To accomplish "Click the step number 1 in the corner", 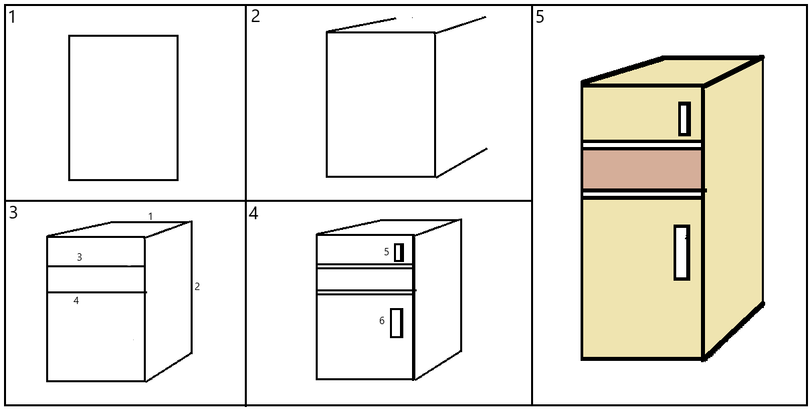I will click(x=13, y=17).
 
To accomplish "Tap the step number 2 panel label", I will click(x=256, y=17).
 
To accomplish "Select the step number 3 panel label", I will click(x=13, y=213).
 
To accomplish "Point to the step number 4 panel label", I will click(x=253, y=214).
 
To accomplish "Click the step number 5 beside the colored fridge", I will click(x=540, y=18).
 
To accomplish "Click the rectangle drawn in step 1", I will click(x=123, y=108).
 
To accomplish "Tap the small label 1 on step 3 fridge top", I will click(x=150, y=217).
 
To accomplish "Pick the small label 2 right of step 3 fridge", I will click(x=197, y=287).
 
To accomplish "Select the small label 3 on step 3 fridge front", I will click(x=80, y=257).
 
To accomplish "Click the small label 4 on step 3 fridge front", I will click(x=76, y=301).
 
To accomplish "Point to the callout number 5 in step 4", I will click(x=386, y=252).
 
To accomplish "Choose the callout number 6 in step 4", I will click(x=382, y=321).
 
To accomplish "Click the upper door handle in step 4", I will click(x=399, y=253).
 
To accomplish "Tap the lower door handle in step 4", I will click(x=396, y=323).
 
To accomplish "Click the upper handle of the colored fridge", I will click(x=684, y=119).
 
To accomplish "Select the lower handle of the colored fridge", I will click(x=681, y=253).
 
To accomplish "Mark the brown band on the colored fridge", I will click(x=641, y=169).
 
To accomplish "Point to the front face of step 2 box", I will click(x=381, y=104).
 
